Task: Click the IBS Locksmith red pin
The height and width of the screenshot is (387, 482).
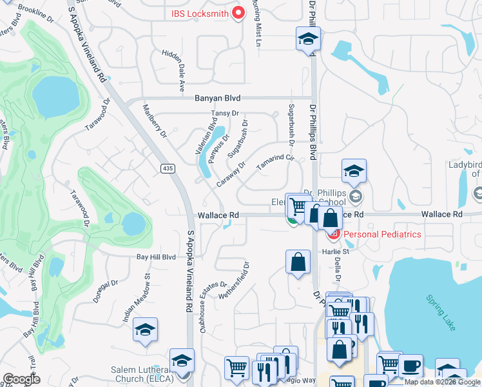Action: click(237, 12)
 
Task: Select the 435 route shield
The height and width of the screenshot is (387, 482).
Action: click(168, 168)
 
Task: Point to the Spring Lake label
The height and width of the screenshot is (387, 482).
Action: click(441, 313)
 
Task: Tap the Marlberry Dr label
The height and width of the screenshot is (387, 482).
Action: click(155, 121)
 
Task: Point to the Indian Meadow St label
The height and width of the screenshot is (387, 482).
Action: click(136, 297)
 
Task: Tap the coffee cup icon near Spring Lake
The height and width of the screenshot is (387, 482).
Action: click(410, 365)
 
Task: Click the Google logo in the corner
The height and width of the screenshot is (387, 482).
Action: click(22, 379)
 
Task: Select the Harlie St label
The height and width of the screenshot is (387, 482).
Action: click(336, 252)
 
